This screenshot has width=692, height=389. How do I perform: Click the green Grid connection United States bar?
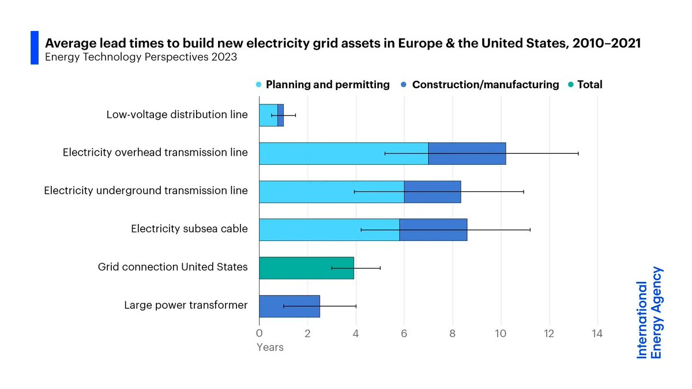[x=306, y=268]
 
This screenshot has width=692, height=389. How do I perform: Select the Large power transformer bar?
[x=289, y=306]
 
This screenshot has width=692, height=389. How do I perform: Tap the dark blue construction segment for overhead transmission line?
[x=467, y=153]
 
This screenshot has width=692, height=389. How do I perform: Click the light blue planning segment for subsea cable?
[x=329, y=229]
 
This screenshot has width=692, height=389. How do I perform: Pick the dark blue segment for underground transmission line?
[x=432, y=191]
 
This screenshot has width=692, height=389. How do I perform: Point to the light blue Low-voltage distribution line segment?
[x=268, y=115]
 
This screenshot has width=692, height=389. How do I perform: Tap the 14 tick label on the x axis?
[x=597, y=333]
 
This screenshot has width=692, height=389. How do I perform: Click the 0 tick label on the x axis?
[x=259, y=333]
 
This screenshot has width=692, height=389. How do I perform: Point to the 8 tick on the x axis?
[x=452, y=333]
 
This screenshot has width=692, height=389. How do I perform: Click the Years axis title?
[x=270, y=348]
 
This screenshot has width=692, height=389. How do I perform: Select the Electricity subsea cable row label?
[x=189, y=229]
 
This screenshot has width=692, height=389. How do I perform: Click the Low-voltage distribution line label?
[x=177, y=115]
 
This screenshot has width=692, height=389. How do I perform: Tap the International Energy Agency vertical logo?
[x=650, y=312]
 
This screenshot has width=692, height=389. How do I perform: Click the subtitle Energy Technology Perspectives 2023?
[x=141, y=58]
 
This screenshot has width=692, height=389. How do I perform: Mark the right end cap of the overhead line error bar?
[x=578, y=153]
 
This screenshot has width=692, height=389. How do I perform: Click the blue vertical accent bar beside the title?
[x=34, y=48]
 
